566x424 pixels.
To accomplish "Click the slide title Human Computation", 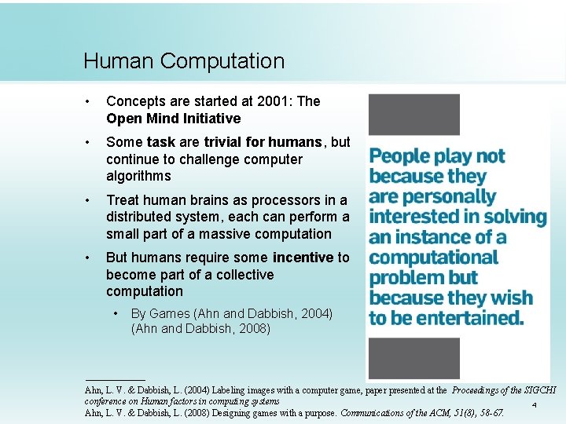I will coord(184,60).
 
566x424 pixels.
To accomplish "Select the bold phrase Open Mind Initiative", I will coord(173,119).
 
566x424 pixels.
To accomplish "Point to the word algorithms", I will coord(138,176).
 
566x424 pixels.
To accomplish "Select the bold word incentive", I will coord(303,258).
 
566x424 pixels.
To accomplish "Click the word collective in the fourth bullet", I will coord(234,275).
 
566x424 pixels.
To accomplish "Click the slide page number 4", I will coord(534,405).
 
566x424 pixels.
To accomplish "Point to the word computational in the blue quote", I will coord(434,257).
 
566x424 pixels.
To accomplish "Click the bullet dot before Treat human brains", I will coord(91,199).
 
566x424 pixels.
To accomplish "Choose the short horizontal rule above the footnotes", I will coord(115,381).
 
